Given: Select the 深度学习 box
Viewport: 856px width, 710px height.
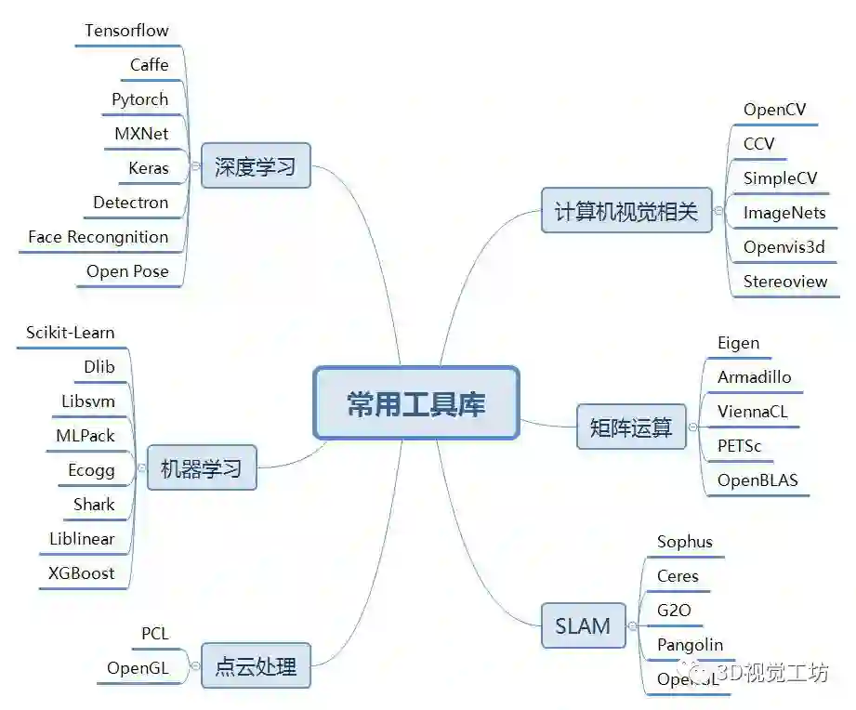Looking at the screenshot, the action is [x=256, y=166].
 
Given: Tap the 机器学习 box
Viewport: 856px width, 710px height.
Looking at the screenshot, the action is [x=202, y=468].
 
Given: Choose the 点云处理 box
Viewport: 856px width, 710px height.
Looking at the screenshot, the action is [x=256, y=666].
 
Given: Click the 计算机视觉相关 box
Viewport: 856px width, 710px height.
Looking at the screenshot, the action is [x=626, y=210].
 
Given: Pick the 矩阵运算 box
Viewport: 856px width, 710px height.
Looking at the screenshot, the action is [x=631, y=427].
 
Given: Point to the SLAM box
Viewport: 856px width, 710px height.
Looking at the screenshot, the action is [x=583, y=625].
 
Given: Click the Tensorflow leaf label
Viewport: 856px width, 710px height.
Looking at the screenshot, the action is [x=126, y=31].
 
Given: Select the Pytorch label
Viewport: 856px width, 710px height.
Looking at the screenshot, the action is [x=140, y=99].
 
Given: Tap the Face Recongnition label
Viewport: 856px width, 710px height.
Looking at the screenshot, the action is [x=99, y=237].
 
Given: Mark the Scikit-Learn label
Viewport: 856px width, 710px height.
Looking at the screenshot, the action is [x=71, y=333].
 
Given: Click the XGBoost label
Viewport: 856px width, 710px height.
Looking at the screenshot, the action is [x=82, y=572].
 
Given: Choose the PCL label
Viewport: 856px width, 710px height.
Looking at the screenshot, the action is [x=155, y=634].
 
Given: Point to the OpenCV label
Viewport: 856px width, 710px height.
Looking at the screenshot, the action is [x=775, y=111].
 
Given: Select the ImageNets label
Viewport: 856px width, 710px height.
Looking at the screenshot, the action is [x=784, y=213].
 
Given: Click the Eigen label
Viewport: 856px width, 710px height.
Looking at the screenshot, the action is [x=739, y=343].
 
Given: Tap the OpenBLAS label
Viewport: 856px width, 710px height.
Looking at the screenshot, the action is [x=757, y=480].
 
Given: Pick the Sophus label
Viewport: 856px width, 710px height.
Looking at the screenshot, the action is [x=685, y=542].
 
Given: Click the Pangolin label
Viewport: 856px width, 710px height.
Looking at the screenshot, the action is [x=690, y=645].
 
